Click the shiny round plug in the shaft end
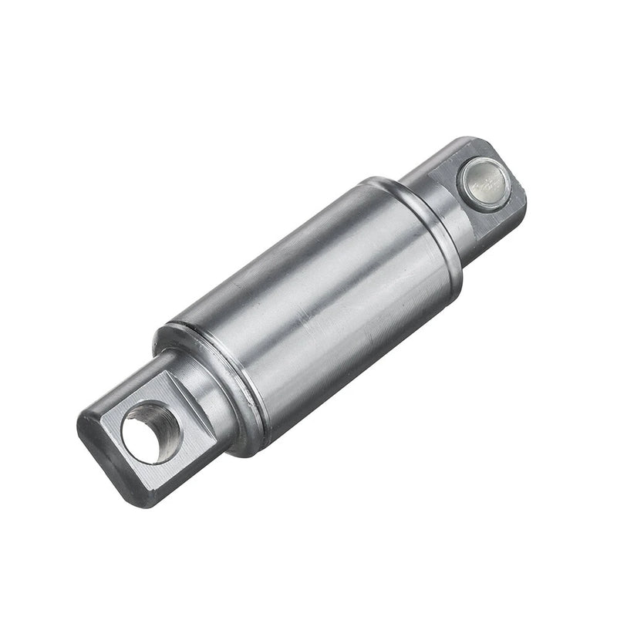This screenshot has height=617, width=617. tap(485, 182)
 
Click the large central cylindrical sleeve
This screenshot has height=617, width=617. tap(308, 308)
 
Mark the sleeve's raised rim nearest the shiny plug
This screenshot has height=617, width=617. tap(432, 231)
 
